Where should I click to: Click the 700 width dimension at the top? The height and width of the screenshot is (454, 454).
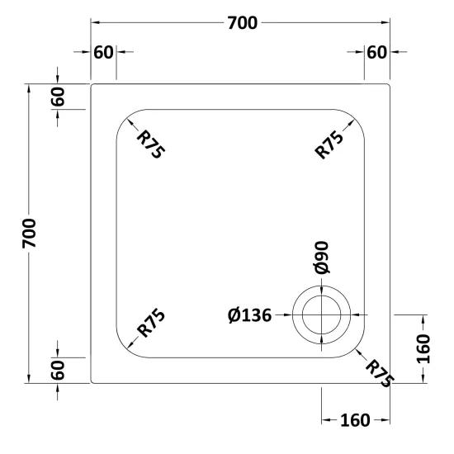pos(243,23)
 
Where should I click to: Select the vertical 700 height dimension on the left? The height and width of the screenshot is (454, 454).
pos(29,234)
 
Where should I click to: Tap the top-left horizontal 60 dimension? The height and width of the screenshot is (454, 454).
pos(103,52)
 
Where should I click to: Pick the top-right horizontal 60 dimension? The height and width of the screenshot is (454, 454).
pos(376,52)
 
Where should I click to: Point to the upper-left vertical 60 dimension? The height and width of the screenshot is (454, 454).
pos(58,97)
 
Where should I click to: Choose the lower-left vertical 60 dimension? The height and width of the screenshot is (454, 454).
pos(58,370)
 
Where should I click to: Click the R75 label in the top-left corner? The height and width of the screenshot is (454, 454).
pos(150,144)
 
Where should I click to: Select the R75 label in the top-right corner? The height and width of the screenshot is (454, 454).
pos(329,144)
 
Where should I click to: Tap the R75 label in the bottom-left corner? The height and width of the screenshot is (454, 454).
pos(151,323)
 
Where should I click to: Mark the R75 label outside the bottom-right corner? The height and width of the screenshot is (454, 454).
pos(380,373)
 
